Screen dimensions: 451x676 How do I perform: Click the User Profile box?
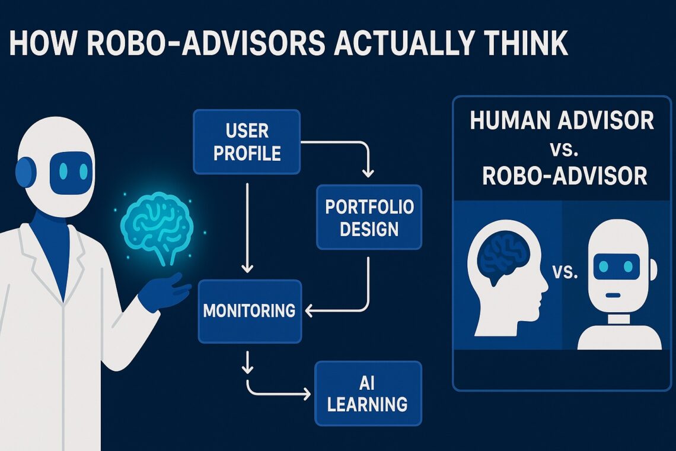coord(247,141)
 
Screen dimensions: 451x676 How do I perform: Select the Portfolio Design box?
coord(369,217)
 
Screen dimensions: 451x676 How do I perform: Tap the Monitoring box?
coord(250,311)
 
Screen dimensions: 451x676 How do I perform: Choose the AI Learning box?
coord(368,393)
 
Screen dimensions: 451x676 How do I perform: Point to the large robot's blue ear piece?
coord(25,173)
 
